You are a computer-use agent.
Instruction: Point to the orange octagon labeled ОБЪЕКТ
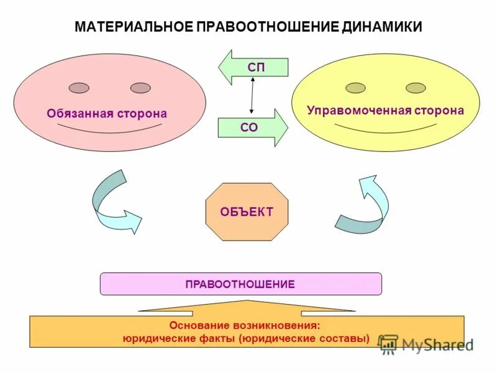point(247,211)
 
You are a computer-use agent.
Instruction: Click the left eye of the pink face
point(79,88)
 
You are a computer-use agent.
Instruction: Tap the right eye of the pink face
point(140,88)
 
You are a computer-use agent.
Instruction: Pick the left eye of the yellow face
point(355,87)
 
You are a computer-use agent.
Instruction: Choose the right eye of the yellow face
point(415,87)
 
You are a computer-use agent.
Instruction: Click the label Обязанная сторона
point(107,114)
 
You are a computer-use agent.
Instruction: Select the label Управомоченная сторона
point(385,111)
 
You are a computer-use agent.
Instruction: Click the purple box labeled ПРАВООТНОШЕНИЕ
point(240,284)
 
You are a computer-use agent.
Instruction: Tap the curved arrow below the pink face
point(112,203)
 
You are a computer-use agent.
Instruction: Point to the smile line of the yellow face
point(385,129)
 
